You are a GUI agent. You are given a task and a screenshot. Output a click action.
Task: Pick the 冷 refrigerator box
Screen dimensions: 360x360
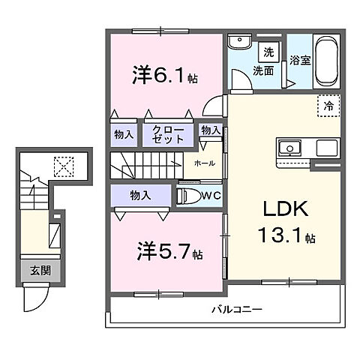[x=328, y=106]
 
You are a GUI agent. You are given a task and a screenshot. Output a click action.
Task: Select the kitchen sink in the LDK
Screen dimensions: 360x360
[x=290, y=147]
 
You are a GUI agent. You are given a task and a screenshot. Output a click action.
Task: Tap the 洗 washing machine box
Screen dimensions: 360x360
[x=268, y=53]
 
